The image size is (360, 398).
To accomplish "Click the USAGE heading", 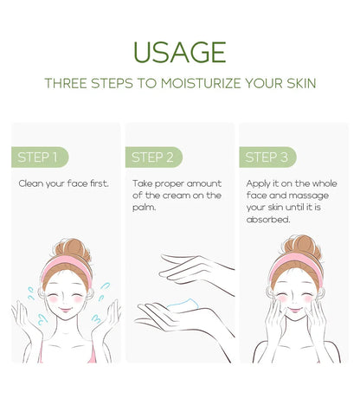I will pos(180,51).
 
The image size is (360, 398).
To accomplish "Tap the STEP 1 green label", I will pos(38,157).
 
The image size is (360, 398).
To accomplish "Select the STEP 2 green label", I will pos(153,157).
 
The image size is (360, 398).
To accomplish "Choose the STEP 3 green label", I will pos(267,157).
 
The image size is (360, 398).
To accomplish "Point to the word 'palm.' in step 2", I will pos(145,208).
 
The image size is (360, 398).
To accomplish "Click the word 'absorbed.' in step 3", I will pos(268,220).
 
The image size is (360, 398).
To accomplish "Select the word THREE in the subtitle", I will pos(65,84).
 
